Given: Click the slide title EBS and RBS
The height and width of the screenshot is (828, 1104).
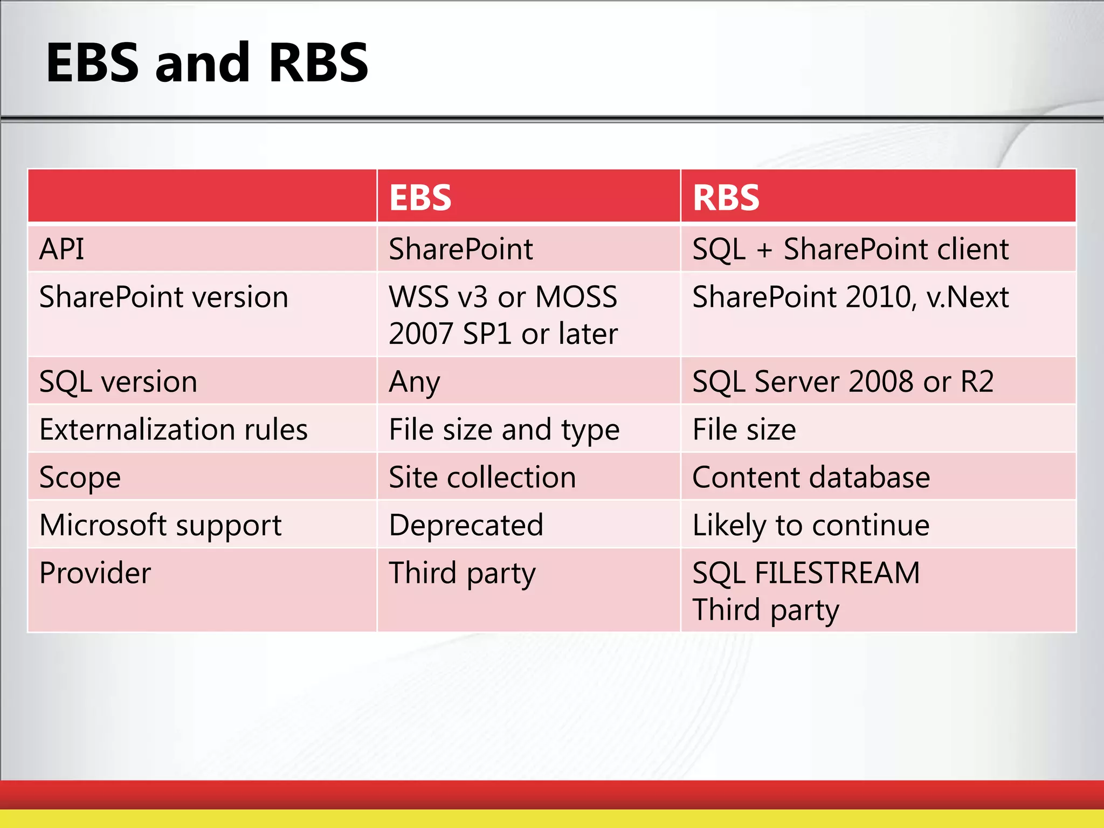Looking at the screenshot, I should click(207, 63).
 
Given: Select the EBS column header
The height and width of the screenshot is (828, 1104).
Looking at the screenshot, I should click(420, 197).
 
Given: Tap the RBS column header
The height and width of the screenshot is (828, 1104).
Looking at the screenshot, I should click(726, 197).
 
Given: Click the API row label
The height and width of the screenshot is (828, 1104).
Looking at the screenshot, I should click(62, 249).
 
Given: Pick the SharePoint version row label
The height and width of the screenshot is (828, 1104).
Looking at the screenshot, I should click(164, 297).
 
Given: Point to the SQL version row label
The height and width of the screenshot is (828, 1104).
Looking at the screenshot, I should click(118, 382).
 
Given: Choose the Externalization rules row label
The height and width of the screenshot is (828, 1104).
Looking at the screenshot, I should click(174, 430).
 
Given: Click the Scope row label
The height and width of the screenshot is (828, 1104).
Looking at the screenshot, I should click(80, 478).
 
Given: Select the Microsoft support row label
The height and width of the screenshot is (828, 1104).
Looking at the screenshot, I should click(161, 525).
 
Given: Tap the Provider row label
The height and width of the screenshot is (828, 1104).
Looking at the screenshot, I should click(95, 572).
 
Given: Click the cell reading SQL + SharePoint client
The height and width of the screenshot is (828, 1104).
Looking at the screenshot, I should click(850, 249).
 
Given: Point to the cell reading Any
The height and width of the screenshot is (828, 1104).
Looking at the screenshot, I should click(414, 382).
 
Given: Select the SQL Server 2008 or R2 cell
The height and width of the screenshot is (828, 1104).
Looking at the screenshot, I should click(843, 382).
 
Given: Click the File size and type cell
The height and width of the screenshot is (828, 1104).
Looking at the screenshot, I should click(504, 430).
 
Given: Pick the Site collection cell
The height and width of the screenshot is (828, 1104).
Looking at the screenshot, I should click(482, 478).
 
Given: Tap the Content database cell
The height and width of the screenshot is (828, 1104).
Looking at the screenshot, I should click(811, 478).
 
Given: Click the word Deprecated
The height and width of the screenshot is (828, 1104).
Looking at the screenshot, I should click(466, 525).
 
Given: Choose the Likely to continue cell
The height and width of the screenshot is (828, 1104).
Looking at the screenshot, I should click(811, 525).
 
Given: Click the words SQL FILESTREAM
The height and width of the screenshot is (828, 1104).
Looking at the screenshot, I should click(806, 572).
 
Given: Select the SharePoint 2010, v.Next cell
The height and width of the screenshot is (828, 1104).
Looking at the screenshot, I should click(850, 297).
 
